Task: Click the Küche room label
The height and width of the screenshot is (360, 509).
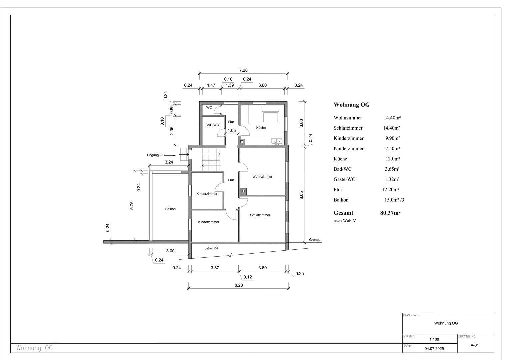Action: click(261, 128)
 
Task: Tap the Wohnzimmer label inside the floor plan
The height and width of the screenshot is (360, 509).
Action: click(262, 176)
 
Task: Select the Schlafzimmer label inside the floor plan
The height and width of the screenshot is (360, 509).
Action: click(260, 215)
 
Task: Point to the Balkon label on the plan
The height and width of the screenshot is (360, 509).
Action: click(170, 209)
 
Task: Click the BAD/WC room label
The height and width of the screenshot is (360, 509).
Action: click(212, 125)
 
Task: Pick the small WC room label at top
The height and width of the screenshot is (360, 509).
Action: click(209, 107)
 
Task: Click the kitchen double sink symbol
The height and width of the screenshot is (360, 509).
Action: click(277, 141)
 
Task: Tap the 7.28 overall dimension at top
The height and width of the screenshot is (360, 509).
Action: click(243, 70)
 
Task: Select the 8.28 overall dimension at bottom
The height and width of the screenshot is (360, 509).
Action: click(239, 285)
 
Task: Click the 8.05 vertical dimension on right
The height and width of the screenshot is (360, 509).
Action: click(301, 195)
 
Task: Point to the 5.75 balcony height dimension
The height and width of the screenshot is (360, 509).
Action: click(132, 205)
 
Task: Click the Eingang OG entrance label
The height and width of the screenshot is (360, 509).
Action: click(156, 155)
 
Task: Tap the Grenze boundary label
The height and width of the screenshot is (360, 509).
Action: click(314, 240)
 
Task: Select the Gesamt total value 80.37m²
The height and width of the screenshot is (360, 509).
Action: click(390, 213)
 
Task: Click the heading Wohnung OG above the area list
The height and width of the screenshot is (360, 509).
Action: click(351, 105)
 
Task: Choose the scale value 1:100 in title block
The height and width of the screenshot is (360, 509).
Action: click(434, 339)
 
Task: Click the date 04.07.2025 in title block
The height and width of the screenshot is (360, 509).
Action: click(434, 349)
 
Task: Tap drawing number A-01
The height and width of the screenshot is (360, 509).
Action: click(474, 345)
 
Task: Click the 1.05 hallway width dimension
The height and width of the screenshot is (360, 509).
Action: click(232, 131)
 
